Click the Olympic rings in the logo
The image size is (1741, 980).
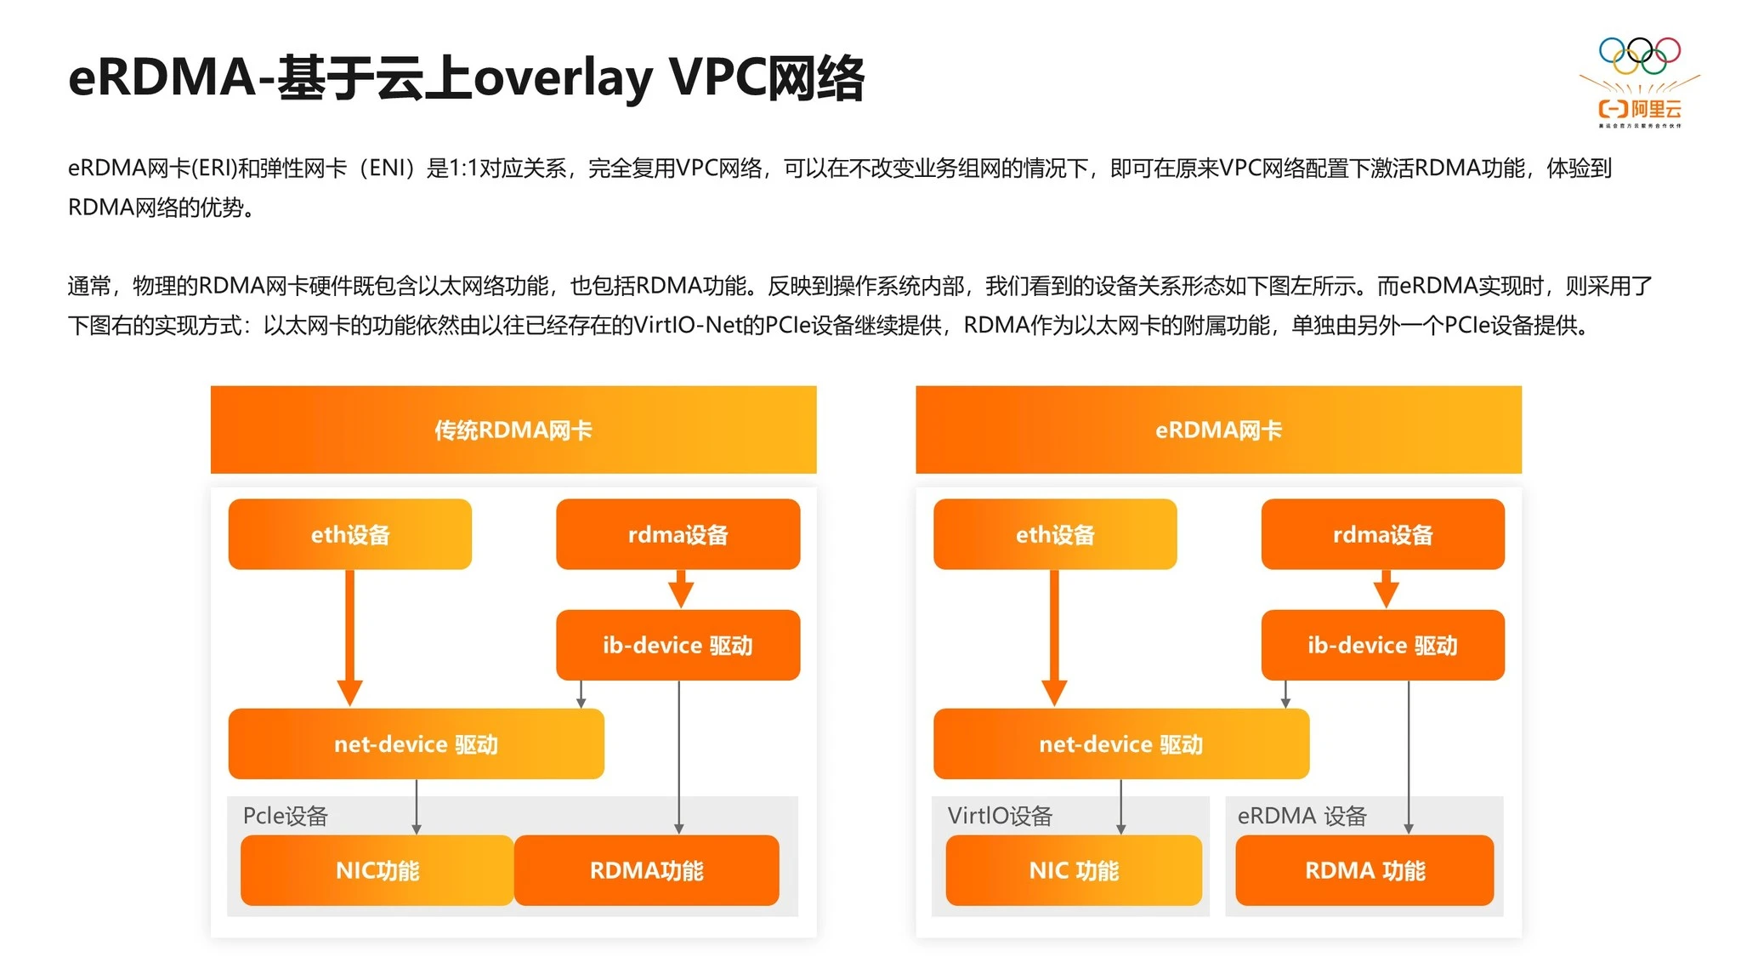(x=1639, y=56)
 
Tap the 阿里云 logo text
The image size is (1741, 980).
(x=1654, y=109)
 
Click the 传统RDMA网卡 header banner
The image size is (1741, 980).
(x=513, y=430)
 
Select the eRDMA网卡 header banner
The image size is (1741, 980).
(x=1218, y=430)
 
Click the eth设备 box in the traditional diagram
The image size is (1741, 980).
(x=349, y=534)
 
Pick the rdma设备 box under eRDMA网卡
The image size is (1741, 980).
(x=1382, y=534)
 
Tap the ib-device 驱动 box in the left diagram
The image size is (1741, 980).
(x=678, y=645)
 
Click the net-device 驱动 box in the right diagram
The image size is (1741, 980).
(x=1120, y=744)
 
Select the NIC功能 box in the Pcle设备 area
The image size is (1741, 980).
(x=377, y=870)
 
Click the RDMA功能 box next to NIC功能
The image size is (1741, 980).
(x=646, y=870)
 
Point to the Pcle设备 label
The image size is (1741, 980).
(x=285, y=816)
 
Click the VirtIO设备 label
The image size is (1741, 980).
(x=1000, y=816)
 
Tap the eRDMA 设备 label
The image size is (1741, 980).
(x=1301, y=816)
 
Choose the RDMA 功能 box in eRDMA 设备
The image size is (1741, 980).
(x=1364, y=870)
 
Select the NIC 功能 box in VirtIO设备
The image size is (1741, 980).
(x=1073, y=870)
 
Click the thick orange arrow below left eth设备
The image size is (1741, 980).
(x=349, y=638)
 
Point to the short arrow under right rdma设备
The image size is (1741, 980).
(x=1386, y=589)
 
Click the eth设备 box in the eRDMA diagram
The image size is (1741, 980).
(x=1054, y=534)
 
